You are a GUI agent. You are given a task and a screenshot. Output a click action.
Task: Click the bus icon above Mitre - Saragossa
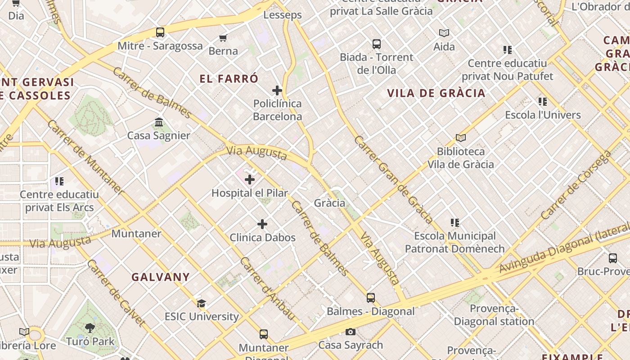[x=160, y=32]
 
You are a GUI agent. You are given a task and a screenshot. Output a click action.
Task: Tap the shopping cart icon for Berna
[x=223, y=38]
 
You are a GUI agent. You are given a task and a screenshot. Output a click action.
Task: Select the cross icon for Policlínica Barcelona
[x=277, y=90]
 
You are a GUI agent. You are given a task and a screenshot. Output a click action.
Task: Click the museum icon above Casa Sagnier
[x=159, y=122]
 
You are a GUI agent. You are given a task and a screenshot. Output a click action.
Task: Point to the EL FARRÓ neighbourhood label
[x=229, y=79]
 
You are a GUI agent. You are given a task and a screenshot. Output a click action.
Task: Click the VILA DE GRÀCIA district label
[x=436, y=93]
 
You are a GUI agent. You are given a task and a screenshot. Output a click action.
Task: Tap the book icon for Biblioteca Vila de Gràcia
[x=460, y=138]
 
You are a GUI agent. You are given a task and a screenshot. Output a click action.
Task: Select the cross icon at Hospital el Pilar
[x=250, y=180]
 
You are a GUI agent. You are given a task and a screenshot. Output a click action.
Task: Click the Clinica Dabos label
[x=262, y=238]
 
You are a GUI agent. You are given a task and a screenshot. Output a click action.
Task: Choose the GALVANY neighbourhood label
[x=161, y=277]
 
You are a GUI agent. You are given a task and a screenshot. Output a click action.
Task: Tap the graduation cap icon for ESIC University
[x=201, y=304]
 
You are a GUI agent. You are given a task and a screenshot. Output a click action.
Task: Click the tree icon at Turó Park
[x=90, y=328]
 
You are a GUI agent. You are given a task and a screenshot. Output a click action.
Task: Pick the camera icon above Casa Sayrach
[x=351, y=332]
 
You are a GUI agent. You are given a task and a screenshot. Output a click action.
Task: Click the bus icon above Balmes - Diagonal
[x=370, y=298]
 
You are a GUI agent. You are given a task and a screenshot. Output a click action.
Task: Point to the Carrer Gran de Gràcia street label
[x=394, y=180]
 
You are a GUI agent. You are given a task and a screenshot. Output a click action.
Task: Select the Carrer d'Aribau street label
[x=268, y=288]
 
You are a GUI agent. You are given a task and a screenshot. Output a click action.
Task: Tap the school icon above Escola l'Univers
[x=543, y=102]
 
